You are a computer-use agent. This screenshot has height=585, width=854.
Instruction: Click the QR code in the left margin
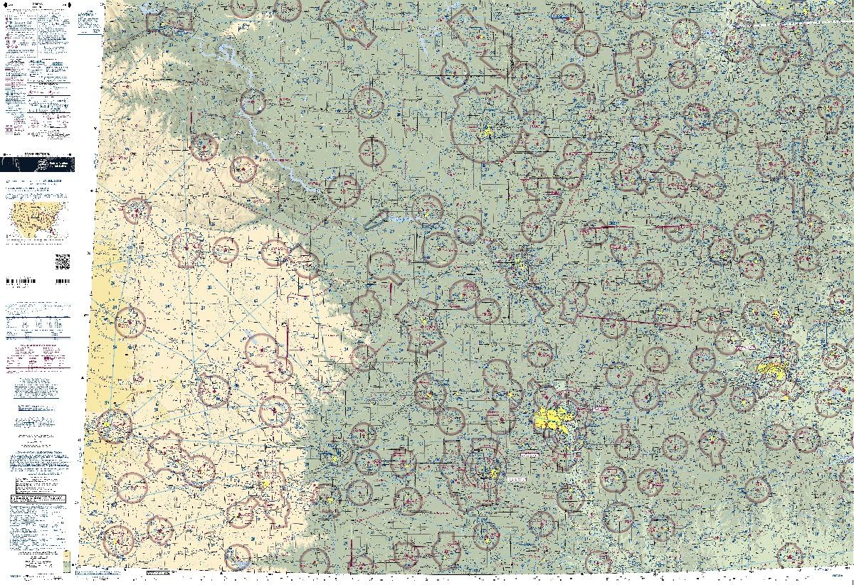[x=63, y=261]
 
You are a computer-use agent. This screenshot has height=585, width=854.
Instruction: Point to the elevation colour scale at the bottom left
[x=66, y=561]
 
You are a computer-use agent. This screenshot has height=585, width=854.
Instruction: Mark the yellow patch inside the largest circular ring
[x=487, y=132]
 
